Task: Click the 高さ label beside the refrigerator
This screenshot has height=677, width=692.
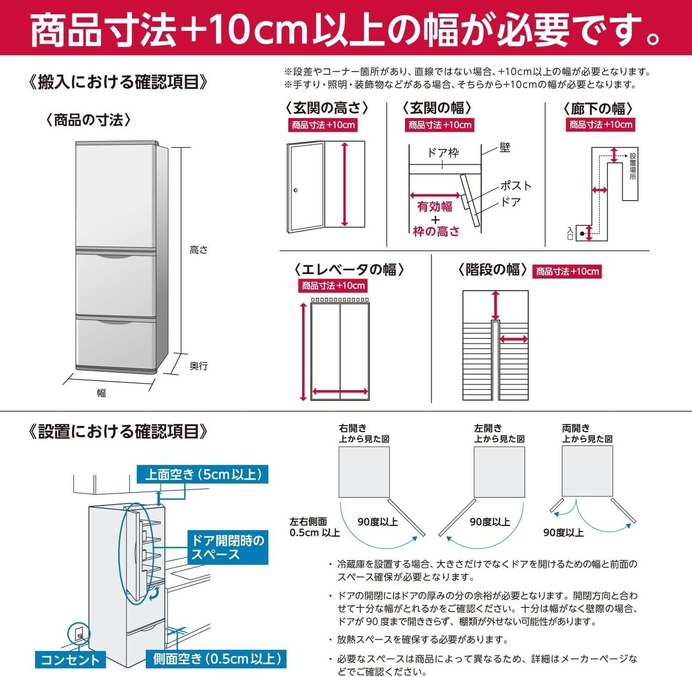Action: pyautogui.click(x=198, y=250)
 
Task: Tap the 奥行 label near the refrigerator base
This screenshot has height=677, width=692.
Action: pyautogui.click(x=198, y=366)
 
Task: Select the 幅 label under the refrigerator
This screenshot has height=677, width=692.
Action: pyautogui.click(x=101, y=393)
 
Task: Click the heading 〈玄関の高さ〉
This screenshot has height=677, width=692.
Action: pyautogui.click(x=327, y=108)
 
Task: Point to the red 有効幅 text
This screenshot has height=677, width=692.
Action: pyautogui.click(x=435, y=206)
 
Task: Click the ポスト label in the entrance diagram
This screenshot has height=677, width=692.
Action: pyautogui.click(x=516, y=185)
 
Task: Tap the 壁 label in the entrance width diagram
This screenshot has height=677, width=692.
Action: pyautogui.click(x=504, y=148)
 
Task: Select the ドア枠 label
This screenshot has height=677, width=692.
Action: pyautogui.click(x=442, y=152)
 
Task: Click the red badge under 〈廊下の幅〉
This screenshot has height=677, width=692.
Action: pyautogui.click(x=601, y=125)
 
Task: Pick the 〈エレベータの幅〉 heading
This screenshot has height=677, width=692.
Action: pyautogui.click(x=349, y=269)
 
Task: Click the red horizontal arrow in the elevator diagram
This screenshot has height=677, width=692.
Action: pyautogui.click(x=340, y=391)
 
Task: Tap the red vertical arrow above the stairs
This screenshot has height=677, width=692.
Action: pyautogui.click(x=495, y=305)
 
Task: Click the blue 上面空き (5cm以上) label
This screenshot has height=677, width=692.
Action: pyautogui.click(x=202, y=474)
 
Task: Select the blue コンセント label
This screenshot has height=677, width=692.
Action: pyautogui.click(x=70, y=659)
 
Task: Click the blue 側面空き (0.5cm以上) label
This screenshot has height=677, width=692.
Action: pyautogui.click(x=218, y=659)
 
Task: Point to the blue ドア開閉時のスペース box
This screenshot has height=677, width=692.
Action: pyautogui.click(x=228, y=547)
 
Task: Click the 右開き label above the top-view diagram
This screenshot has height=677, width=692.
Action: pyautogui.click(x=353, y=428)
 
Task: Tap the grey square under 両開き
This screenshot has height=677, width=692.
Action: pyautogui.click(x=587, y=471)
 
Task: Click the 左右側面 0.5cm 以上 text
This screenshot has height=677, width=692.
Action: pyautogui.click(x=315, y=527)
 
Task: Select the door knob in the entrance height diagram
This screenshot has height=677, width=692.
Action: pyautogui.click(x=296, y=190)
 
